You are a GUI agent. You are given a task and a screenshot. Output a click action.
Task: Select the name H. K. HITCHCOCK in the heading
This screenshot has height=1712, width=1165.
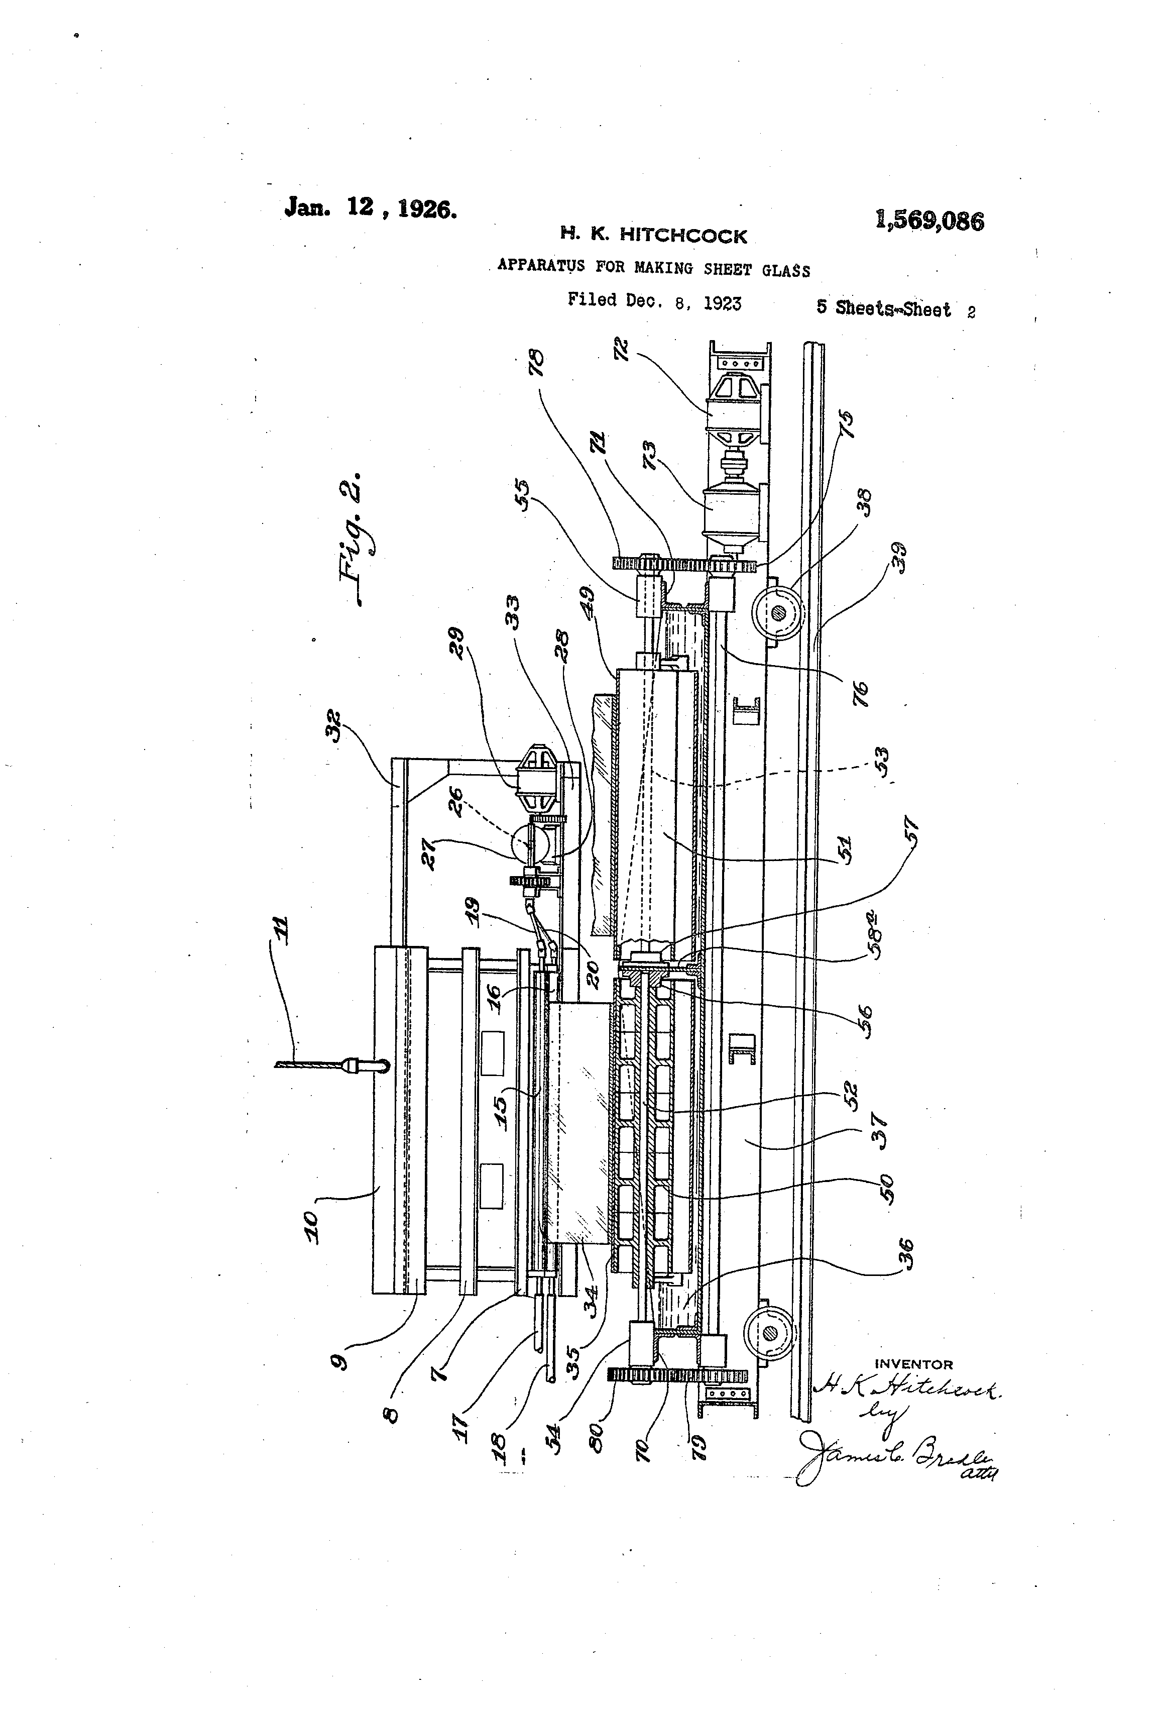pos(653,236)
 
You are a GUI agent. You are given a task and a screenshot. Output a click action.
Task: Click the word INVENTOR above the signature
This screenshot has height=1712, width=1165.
pos(913,1365)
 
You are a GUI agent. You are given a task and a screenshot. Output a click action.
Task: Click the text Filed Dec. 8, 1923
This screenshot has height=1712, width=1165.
pos(654,301)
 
